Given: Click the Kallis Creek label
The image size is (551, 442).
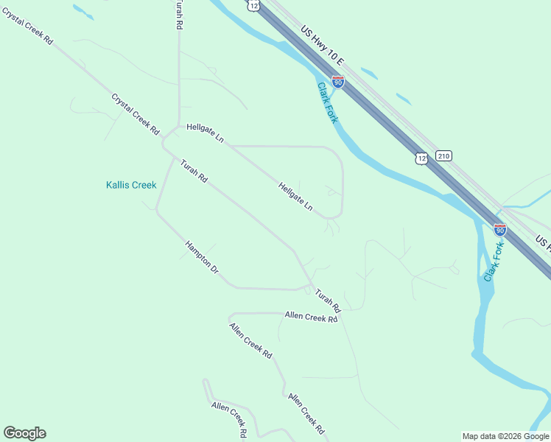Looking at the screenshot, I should pyautogui.click(x=131, y=185).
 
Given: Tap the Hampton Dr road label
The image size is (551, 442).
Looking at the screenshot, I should pyautogui.click(x=202, y=257).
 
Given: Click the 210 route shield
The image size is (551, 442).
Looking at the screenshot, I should pyautogui.click(x=443, y=156).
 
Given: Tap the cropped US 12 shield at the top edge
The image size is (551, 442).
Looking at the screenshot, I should pyautogui.click(x=253, y=4).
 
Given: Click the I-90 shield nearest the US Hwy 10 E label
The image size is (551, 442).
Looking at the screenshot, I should pyautogui.click(x=338, y=82).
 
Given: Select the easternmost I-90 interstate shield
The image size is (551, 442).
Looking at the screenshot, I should pyautogui.click(x=500, y=230).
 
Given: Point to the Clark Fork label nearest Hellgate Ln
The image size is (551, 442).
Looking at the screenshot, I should pyautogui.click(x=328, y=103).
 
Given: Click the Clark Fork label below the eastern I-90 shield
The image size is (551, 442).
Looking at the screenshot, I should pyautogui.click(x=494, y=262).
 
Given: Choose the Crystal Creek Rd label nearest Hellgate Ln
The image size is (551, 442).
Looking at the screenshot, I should pyautogui.click(x=136, y=113).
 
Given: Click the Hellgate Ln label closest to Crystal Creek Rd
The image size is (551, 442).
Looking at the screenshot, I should pyautogui.click(x=205, y=133).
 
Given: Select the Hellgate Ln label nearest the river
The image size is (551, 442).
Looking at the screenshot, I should pyautogui.click(x=295, y=197).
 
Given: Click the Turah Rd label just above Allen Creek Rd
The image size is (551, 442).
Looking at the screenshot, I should pyautogui.click(x=329, y=300).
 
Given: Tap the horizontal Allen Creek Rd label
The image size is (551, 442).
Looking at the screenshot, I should pyautogui.click(x=311, y=318).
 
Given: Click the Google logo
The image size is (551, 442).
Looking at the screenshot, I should pyautogui.click(x=24, y=433).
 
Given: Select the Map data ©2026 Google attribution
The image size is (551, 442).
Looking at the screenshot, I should pyautogui.click(x=506, y=436).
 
